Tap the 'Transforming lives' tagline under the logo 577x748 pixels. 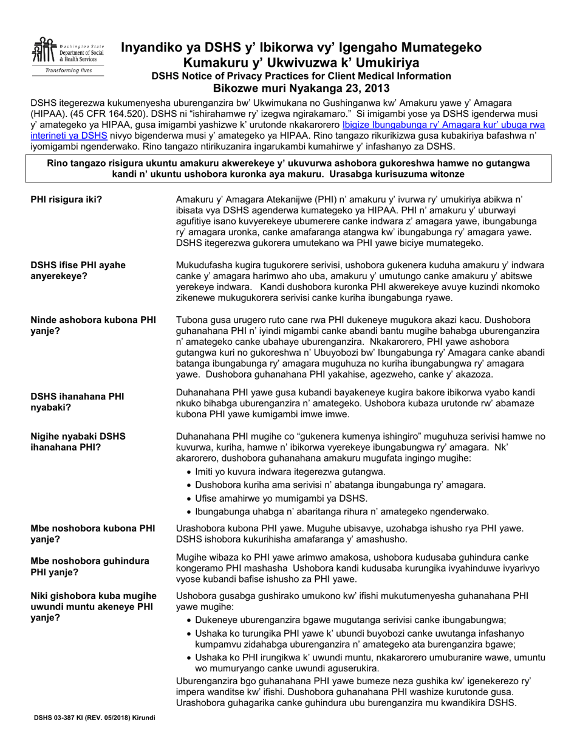pyautogui.click(x=67, y=71)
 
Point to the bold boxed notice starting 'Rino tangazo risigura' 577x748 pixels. pyautogui.click(x=288, y=168)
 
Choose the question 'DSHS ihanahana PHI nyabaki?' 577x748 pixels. pyautogui.click(x=77, y=402)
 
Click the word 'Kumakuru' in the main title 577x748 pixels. pyautogui.click(x=225, y=62)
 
